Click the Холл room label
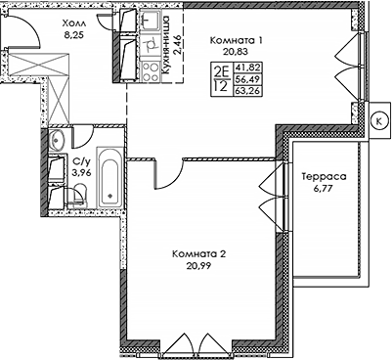[73, 20]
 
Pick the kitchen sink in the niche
[151, 22]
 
